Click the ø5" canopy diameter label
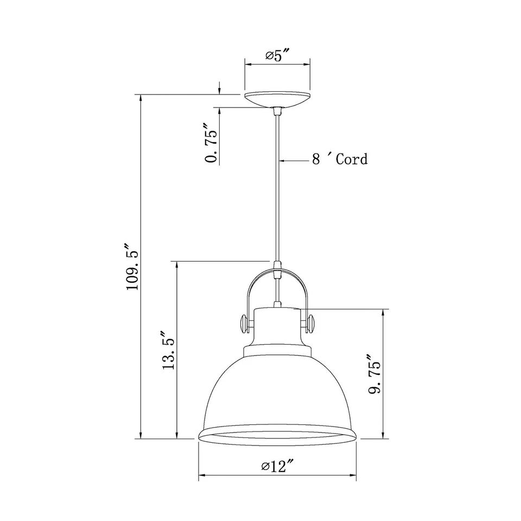(277, 55)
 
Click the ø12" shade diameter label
(277, 465)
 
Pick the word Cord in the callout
(351, 159)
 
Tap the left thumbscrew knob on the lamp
(245, 323)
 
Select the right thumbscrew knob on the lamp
(311, 323)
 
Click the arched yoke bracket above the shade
(277, 282)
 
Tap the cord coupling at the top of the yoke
(278, 269)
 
